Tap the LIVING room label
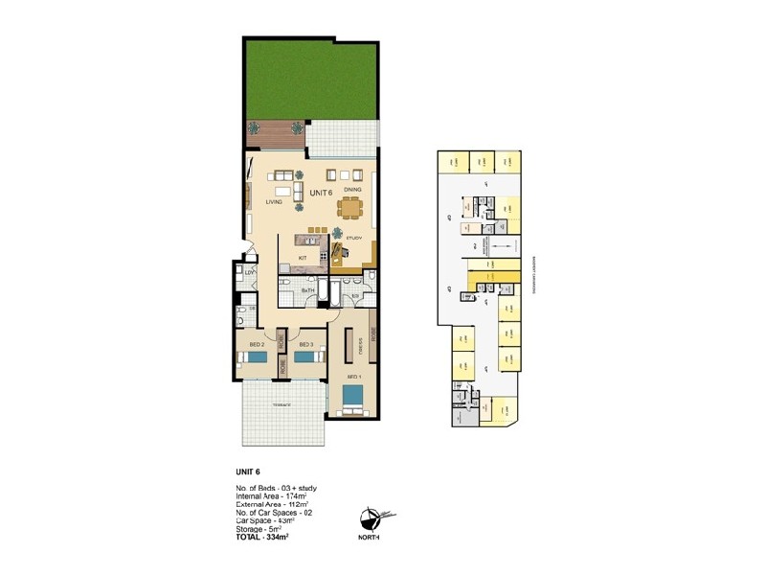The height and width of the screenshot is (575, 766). pos(274,202)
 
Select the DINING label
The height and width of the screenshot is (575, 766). pos(351,191)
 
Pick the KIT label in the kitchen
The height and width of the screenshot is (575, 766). pos(303,258)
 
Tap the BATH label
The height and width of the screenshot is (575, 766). pos(308,289)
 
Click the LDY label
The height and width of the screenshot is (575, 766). pos(249,274)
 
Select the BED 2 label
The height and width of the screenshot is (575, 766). pos(256,344)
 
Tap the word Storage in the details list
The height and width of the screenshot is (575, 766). pos(251,530)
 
